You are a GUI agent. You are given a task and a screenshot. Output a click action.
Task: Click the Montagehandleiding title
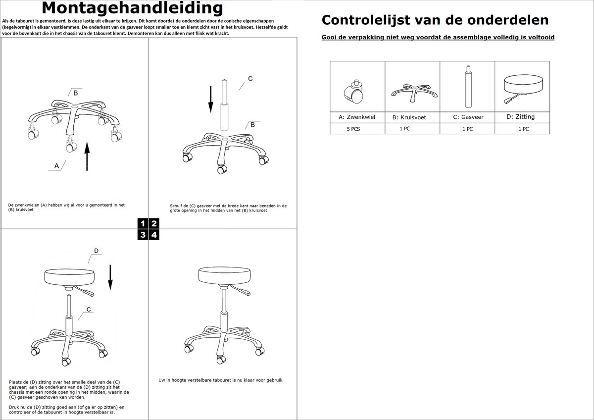(x=132, y=8)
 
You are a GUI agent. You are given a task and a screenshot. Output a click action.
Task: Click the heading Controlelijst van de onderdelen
(x=435, y=20)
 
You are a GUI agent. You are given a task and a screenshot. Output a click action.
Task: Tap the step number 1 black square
(x=143, y=223)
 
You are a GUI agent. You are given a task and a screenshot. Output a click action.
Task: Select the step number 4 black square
(x=154, y=235)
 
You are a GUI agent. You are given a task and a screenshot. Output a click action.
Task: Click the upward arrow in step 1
(x=87, y=156)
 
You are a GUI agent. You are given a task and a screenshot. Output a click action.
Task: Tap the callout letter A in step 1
(x=56, y=165)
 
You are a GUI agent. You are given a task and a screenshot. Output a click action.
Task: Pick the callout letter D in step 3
(x=97, y=250)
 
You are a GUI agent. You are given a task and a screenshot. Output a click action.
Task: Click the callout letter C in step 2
(x=250, y=79)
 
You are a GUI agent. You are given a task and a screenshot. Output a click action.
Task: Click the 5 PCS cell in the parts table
(x=356, y=129)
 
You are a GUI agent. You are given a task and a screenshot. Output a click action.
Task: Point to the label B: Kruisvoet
(x=409, y=117)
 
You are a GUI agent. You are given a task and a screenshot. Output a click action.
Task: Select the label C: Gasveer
(x=468, y=117)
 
